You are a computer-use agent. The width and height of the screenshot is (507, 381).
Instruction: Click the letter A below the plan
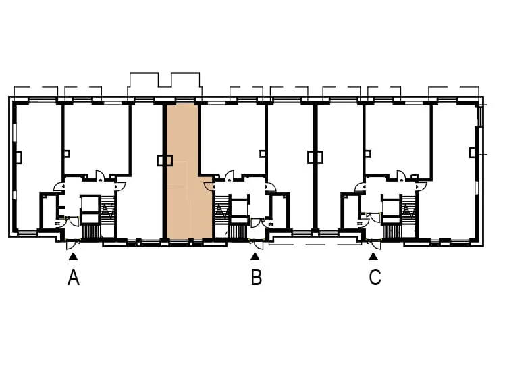tap(74, 278)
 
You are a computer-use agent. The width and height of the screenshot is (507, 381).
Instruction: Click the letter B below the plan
tap(256, 278)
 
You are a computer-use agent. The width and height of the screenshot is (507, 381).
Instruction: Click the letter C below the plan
tap(375, 278)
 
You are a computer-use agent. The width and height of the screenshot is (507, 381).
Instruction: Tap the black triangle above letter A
tap(74, 257)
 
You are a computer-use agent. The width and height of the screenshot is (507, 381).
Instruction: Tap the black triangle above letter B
tap(255, 257)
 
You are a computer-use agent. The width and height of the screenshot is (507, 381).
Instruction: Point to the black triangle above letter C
tap(373, 257)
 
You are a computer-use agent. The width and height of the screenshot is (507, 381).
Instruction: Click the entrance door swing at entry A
tap(73, 245)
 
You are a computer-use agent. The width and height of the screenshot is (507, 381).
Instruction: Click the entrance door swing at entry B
tap(257, 245)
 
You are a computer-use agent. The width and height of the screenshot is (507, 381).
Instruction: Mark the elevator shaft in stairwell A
tap(90, 209)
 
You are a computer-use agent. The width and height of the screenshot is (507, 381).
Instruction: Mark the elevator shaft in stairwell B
tap(240, 209)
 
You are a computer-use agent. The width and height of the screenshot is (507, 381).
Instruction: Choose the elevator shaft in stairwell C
tap(391, 209)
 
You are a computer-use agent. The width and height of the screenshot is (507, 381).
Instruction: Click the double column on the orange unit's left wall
tap(165, 160)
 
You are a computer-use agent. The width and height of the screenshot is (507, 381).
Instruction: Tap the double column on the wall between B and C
tap(315, 157)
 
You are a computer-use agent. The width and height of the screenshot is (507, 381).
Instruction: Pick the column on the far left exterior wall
tap(19, 157)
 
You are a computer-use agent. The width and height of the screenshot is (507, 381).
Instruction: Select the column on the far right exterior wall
tap(473, 152)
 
